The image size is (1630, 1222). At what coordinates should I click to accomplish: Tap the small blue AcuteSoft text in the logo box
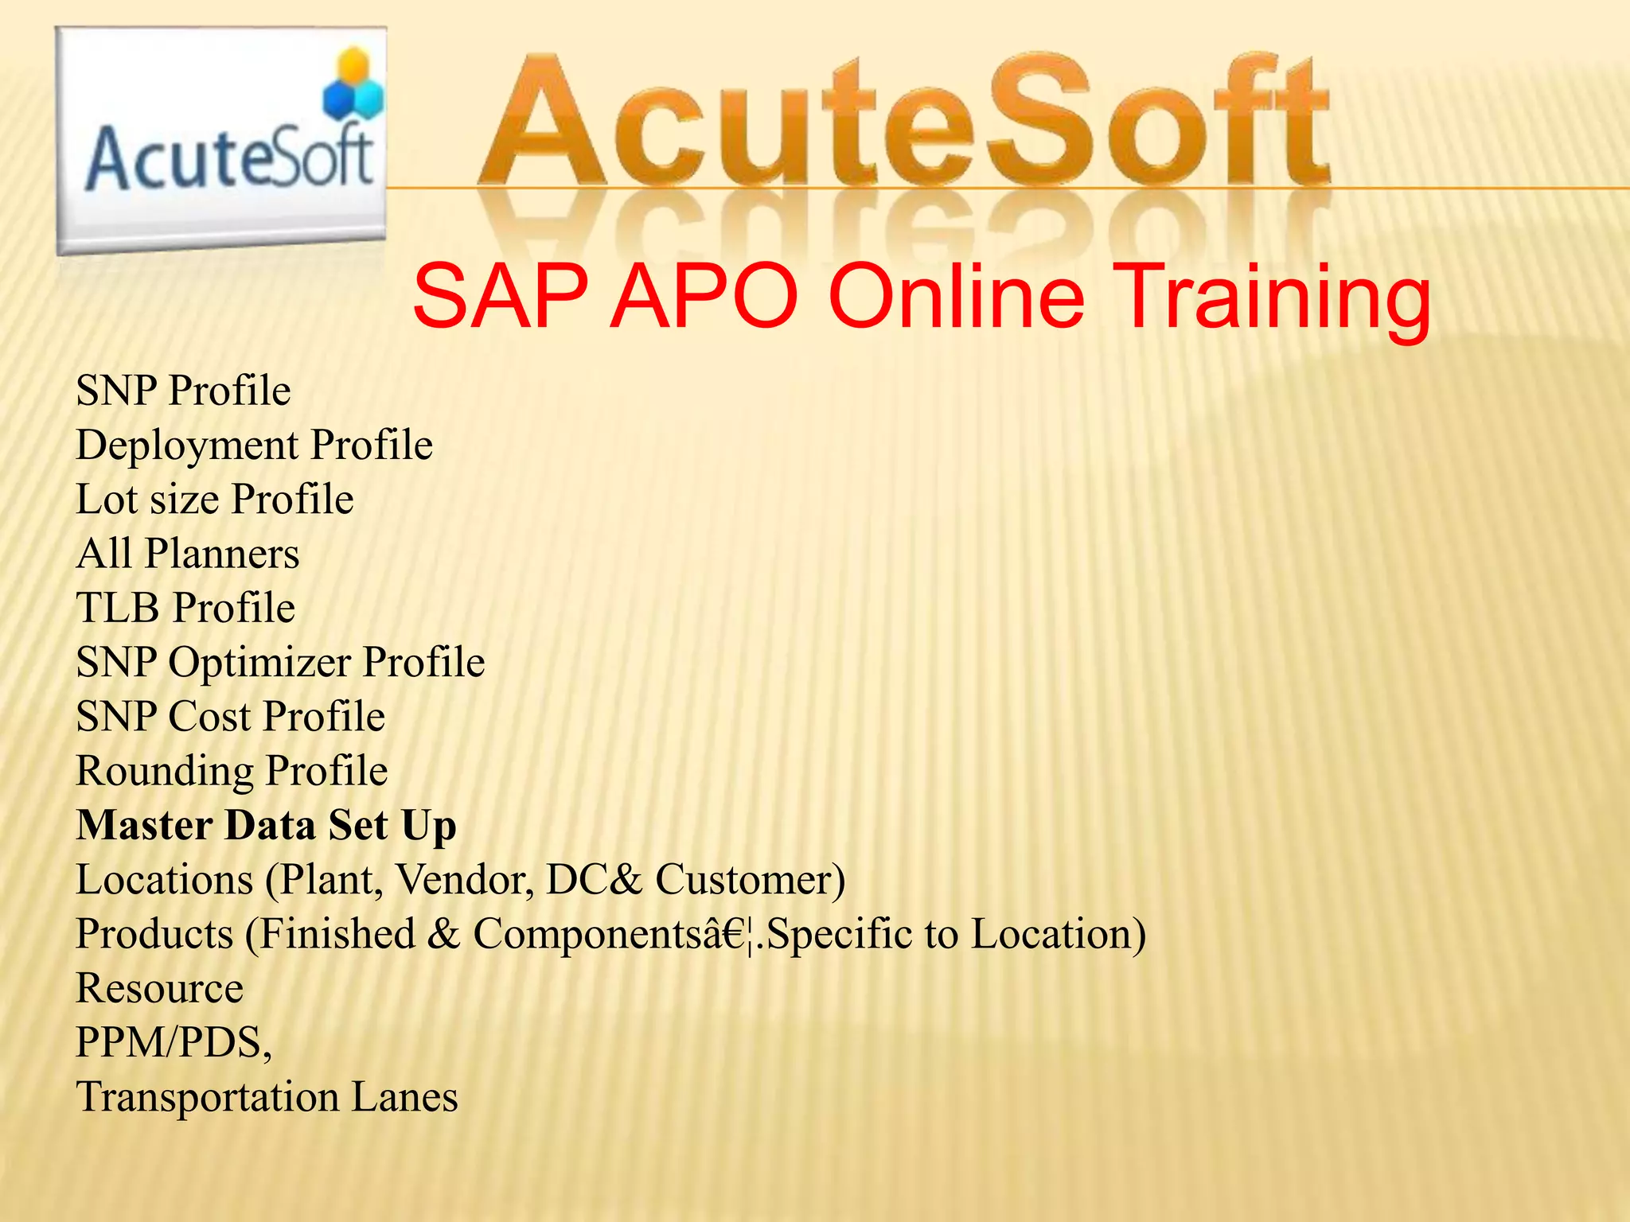229,158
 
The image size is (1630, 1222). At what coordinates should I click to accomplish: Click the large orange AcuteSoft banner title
903,123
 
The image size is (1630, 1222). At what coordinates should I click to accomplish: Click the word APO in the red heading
704,296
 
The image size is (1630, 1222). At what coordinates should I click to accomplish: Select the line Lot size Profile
215,500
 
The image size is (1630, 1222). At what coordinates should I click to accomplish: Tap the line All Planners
188,554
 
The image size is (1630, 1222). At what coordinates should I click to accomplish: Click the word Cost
209,716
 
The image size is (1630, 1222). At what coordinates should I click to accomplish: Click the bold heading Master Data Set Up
266,825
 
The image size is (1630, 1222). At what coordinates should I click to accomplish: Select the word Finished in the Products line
337,934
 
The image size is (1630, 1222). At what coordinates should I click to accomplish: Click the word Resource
159,989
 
